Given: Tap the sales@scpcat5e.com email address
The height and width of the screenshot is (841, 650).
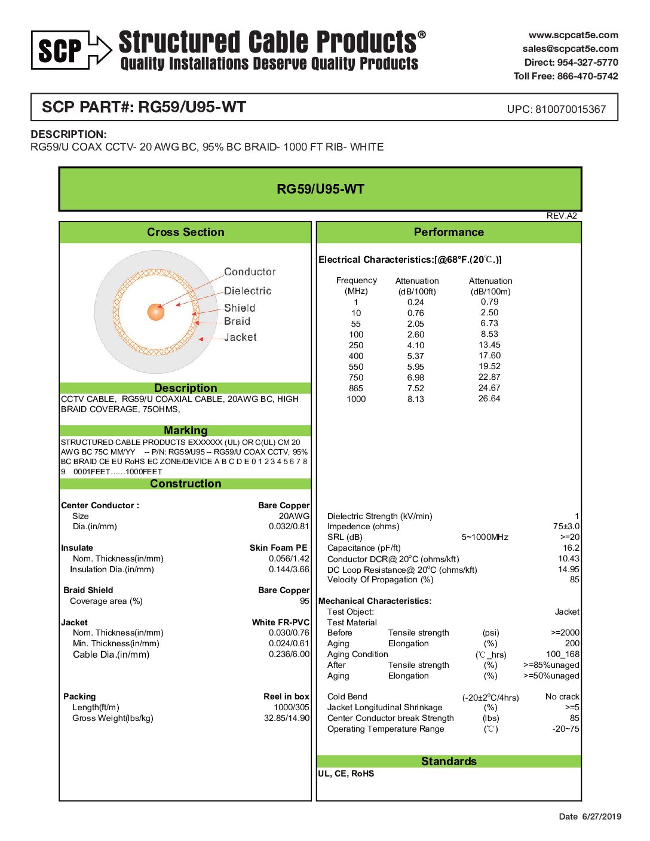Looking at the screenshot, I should tap(570, 49).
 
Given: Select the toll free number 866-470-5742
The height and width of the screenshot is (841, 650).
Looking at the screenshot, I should tap(587, 76).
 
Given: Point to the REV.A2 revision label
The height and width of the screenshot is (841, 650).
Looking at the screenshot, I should tap(562, 216).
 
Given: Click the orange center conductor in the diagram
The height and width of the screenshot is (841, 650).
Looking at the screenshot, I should tap(156, 311).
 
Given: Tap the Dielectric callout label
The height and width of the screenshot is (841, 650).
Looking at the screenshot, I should tap(247, 291).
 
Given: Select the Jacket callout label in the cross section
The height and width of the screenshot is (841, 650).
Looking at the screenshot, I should tap(240, 337).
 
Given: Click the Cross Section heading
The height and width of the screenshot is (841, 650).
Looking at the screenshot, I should tap(185, 232).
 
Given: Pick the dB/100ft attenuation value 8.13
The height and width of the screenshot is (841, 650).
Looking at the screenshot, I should tap(416, 399).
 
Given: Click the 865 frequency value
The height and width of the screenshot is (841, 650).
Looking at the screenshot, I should tap(356, 388).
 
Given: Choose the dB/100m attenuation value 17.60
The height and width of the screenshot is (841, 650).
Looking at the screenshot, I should tap(489, 355).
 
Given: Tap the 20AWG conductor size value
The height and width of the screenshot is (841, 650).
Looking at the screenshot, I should tap(294, 516).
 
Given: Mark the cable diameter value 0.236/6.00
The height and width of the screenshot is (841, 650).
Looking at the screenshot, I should tap(289, 654).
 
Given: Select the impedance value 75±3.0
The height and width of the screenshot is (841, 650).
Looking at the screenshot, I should tap(566, 526).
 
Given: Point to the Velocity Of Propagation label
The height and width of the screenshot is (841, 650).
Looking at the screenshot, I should tap(380, 579).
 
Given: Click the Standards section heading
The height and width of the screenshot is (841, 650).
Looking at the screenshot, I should tap(449, 761).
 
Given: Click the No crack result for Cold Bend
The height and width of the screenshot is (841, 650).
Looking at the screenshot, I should tap(562, 696).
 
